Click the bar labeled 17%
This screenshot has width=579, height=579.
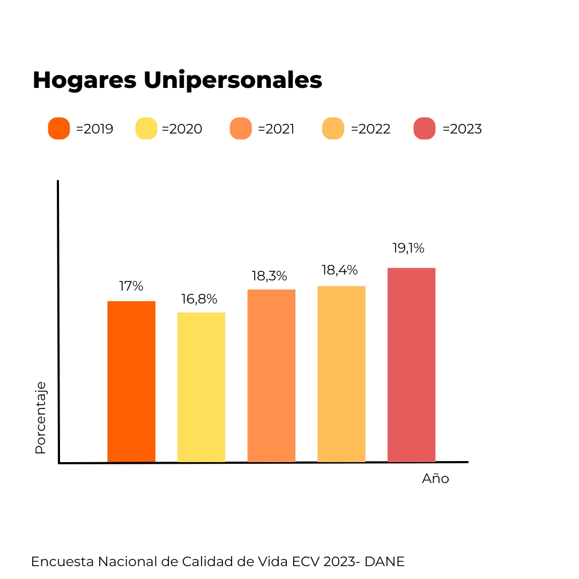(x=131, y=381)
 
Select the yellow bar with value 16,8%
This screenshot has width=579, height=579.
(x=201, y=387)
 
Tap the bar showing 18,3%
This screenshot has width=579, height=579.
(x=271, y=375)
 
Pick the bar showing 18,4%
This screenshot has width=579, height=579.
(x=342, y=374)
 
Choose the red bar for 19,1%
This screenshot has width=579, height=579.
(x=411, y=365)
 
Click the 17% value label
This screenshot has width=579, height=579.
(x=131, y=286)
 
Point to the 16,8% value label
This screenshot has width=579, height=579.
(x=199, y=299)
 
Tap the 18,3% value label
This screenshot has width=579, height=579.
(x=270, y=276)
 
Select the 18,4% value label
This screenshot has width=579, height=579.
(x=339, y=270)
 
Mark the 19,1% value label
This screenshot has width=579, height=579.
(x=409, y=248)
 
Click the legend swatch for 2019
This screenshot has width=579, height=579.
(x=59, y=129)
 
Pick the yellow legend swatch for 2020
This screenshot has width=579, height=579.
(x=146, y=129)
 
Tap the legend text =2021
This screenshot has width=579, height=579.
(x=276, y=129)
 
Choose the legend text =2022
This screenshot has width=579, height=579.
(x=370, y=129)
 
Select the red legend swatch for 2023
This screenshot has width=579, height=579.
(x=425, y=129)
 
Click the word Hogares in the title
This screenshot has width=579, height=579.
(x=84, y=80)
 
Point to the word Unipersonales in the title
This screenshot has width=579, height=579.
(x=233, y=80)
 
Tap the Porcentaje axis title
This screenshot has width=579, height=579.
(x=40, y=418)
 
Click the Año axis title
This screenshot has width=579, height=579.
(x=435, y=479)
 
